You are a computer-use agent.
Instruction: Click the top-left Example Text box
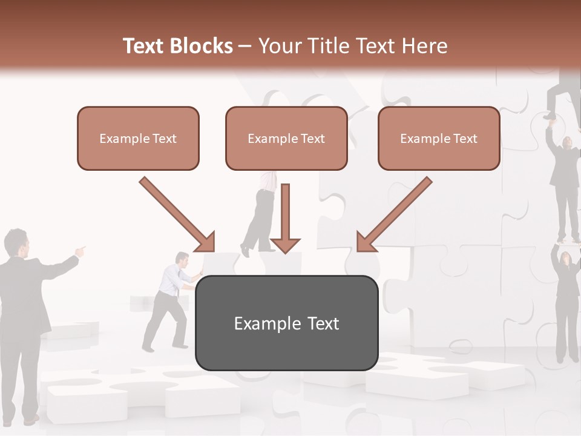click(x=138, y=139)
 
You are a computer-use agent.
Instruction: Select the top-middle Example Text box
click(x=286, y=139)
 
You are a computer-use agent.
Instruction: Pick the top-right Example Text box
click(x=439, y=139)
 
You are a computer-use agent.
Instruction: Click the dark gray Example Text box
click(x=286, y=323)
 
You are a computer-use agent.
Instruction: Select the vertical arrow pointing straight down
click(x=285, y=218)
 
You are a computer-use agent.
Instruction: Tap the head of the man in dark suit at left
click(x=16, y=242)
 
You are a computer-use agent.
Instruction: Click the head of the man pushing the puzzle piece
click(x=183, y=260)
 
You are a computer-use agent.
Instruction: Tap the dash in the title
click(x=245, y=46)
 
